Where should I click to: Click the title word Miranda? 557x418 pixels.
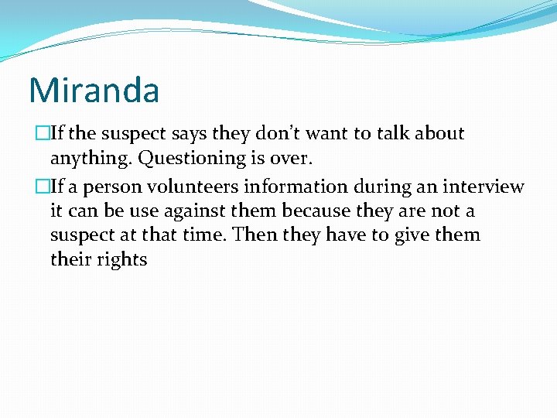tap(94, 90)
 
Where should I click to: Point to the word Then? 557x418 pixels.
tap(253, 235)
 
